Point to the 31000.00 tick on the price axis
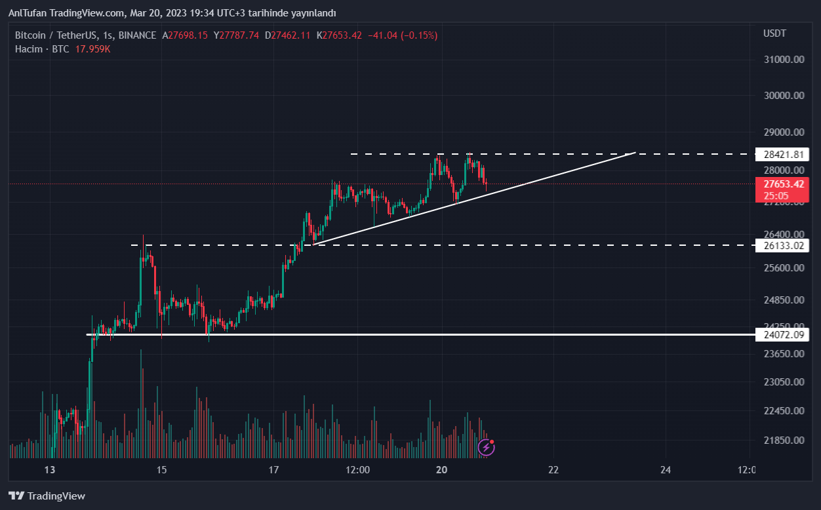784,60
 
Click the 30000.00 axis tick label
784,96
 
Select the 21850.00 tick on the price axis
784,440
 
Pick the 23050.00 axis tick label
784,382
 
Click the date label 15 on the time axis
162,470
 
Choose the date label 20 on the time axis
441,470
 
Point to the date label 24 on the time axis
666,470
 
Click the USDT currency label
774,33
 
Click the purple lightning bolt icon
486,448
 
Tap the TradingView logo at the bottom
47,496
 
